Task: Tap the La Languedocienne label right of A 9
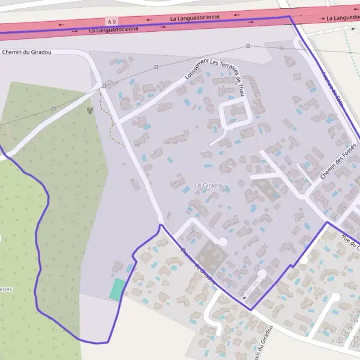coord(195,18)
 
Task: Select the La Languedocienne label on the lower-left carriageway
coord(113,29)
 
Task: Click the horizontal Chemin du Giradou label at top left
coord(27,52)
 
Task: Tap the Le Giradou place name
coord(210,185)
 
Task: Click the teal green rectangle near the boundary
coord(118,289)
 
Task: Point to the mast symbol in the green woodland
coord(89,110)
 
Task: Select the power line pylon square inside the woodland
coord(53,109)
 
